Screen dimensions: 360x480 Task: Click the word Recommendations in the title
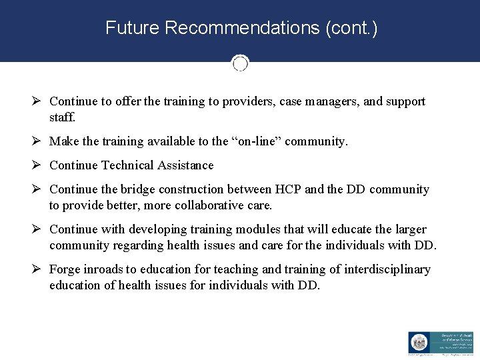pyautogui.click(x=243, y=28)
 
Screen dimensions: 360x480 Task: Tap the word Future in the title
pyautogui.click(x=133, y=28)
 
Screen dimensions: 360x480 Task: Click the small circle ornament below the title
pyautogui.click(x=240, y=63)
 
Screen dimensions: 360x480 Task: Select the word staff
pyautogui.click(x=63, y=117)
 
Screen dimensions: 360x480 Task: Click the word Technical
pyautogui.click(x=129, y=165)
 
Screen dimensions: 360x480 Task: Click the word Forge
pyautogui.click(x=65, y=269)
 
